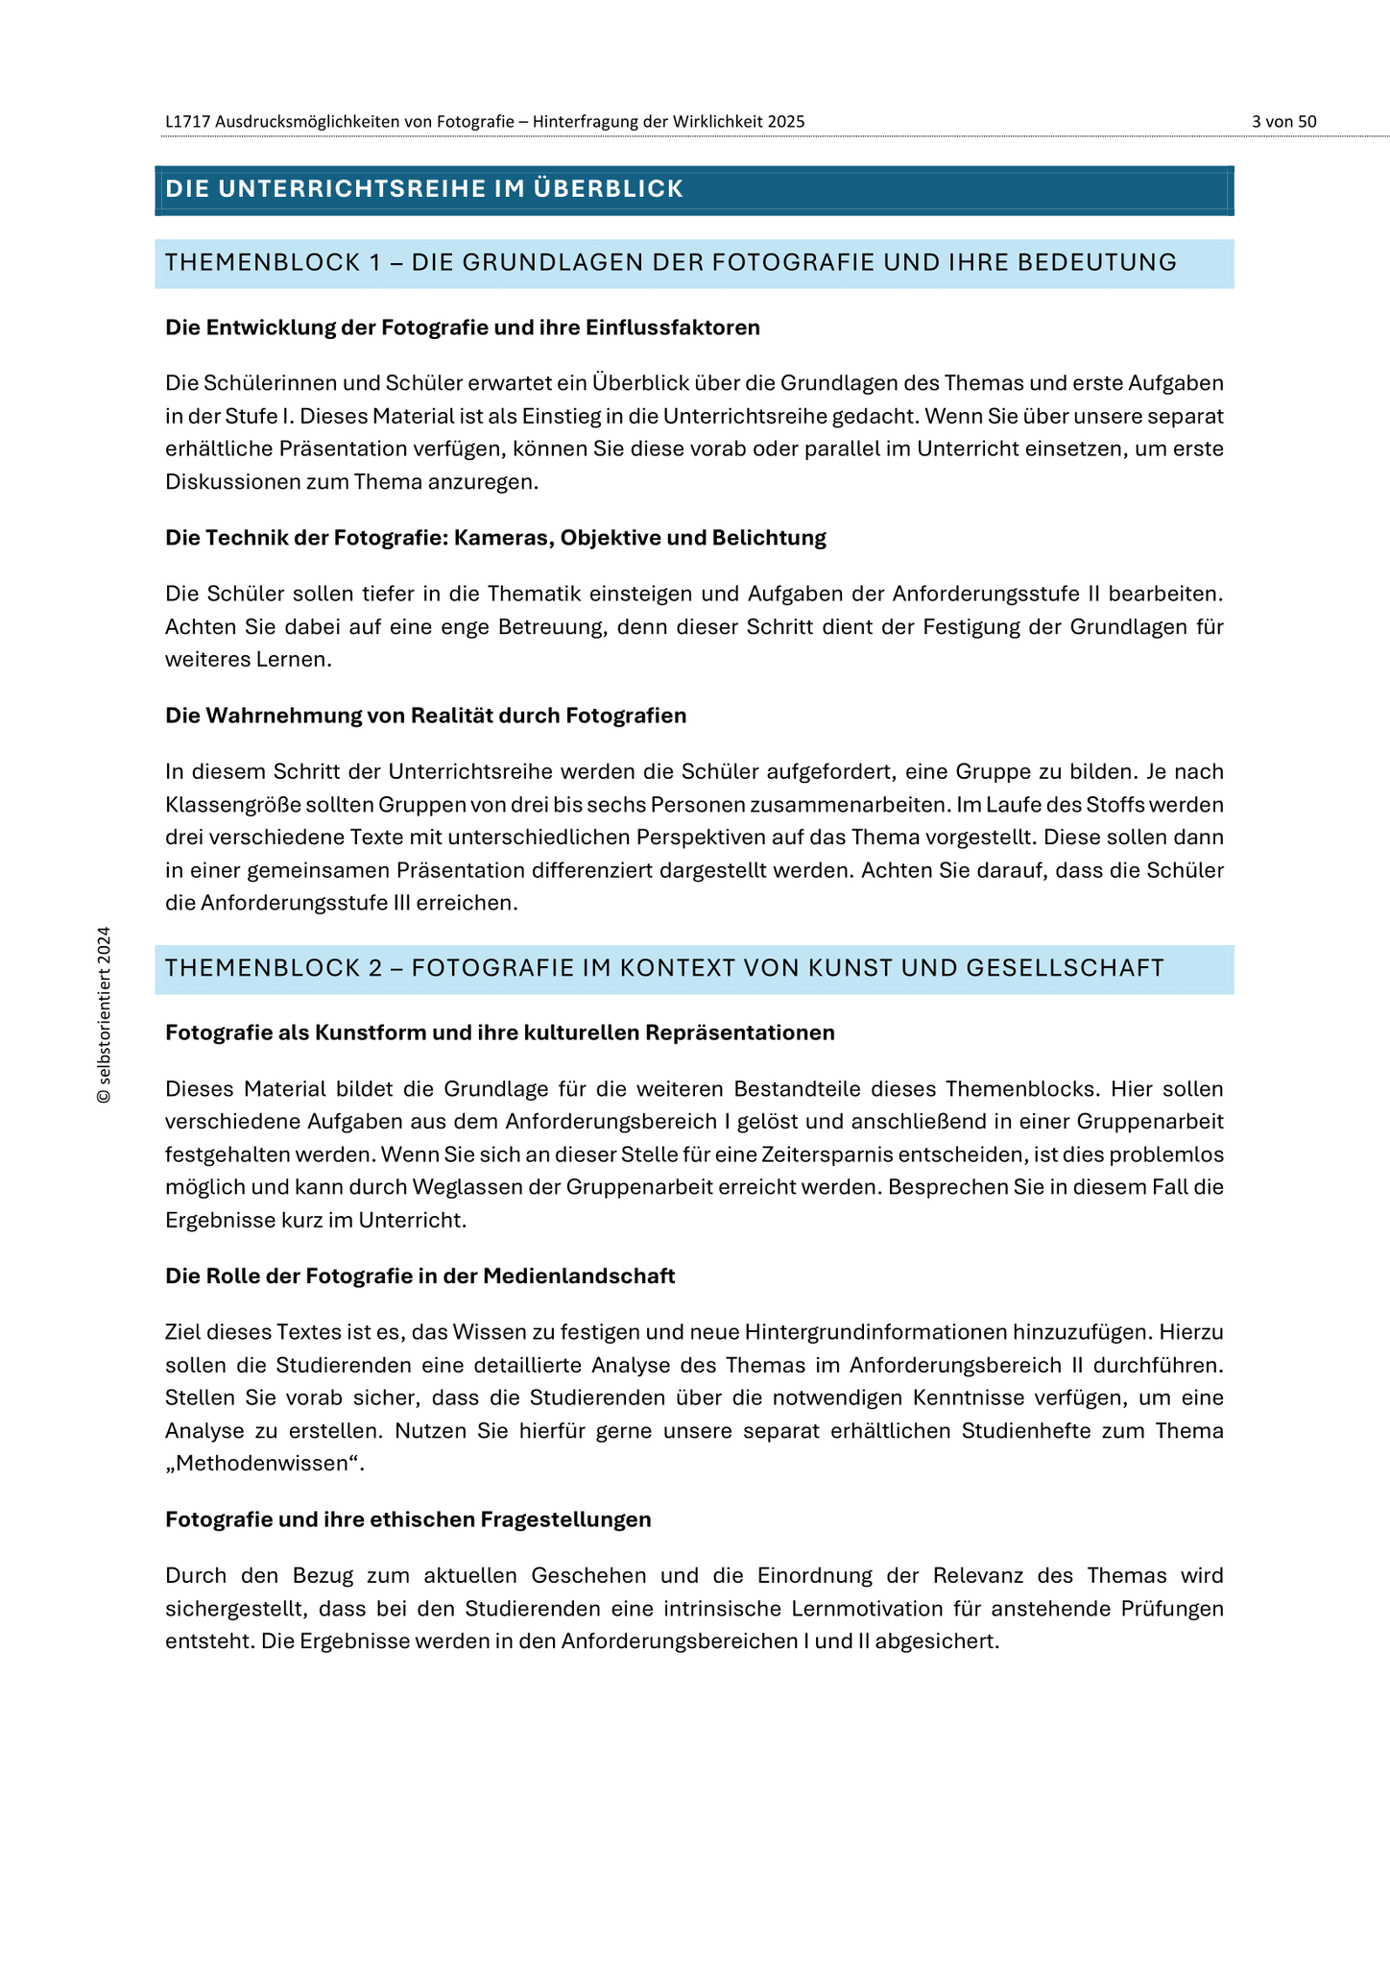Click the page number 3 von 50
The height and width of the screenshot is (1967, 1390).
point(1283,122)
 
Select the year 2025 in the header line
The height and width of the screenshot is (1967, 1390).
point(786,122)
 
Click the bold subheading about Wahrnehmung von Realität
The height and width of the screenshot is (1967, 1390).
point(425,716)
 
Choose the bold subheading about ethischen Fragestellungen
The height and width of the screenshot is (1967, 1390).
point(408,1519)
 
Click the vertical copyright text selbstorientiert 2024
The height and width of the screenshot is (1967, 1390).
point(105,1015)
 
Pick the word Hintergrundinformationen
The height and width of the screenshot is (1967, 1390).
point(876,1332)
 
